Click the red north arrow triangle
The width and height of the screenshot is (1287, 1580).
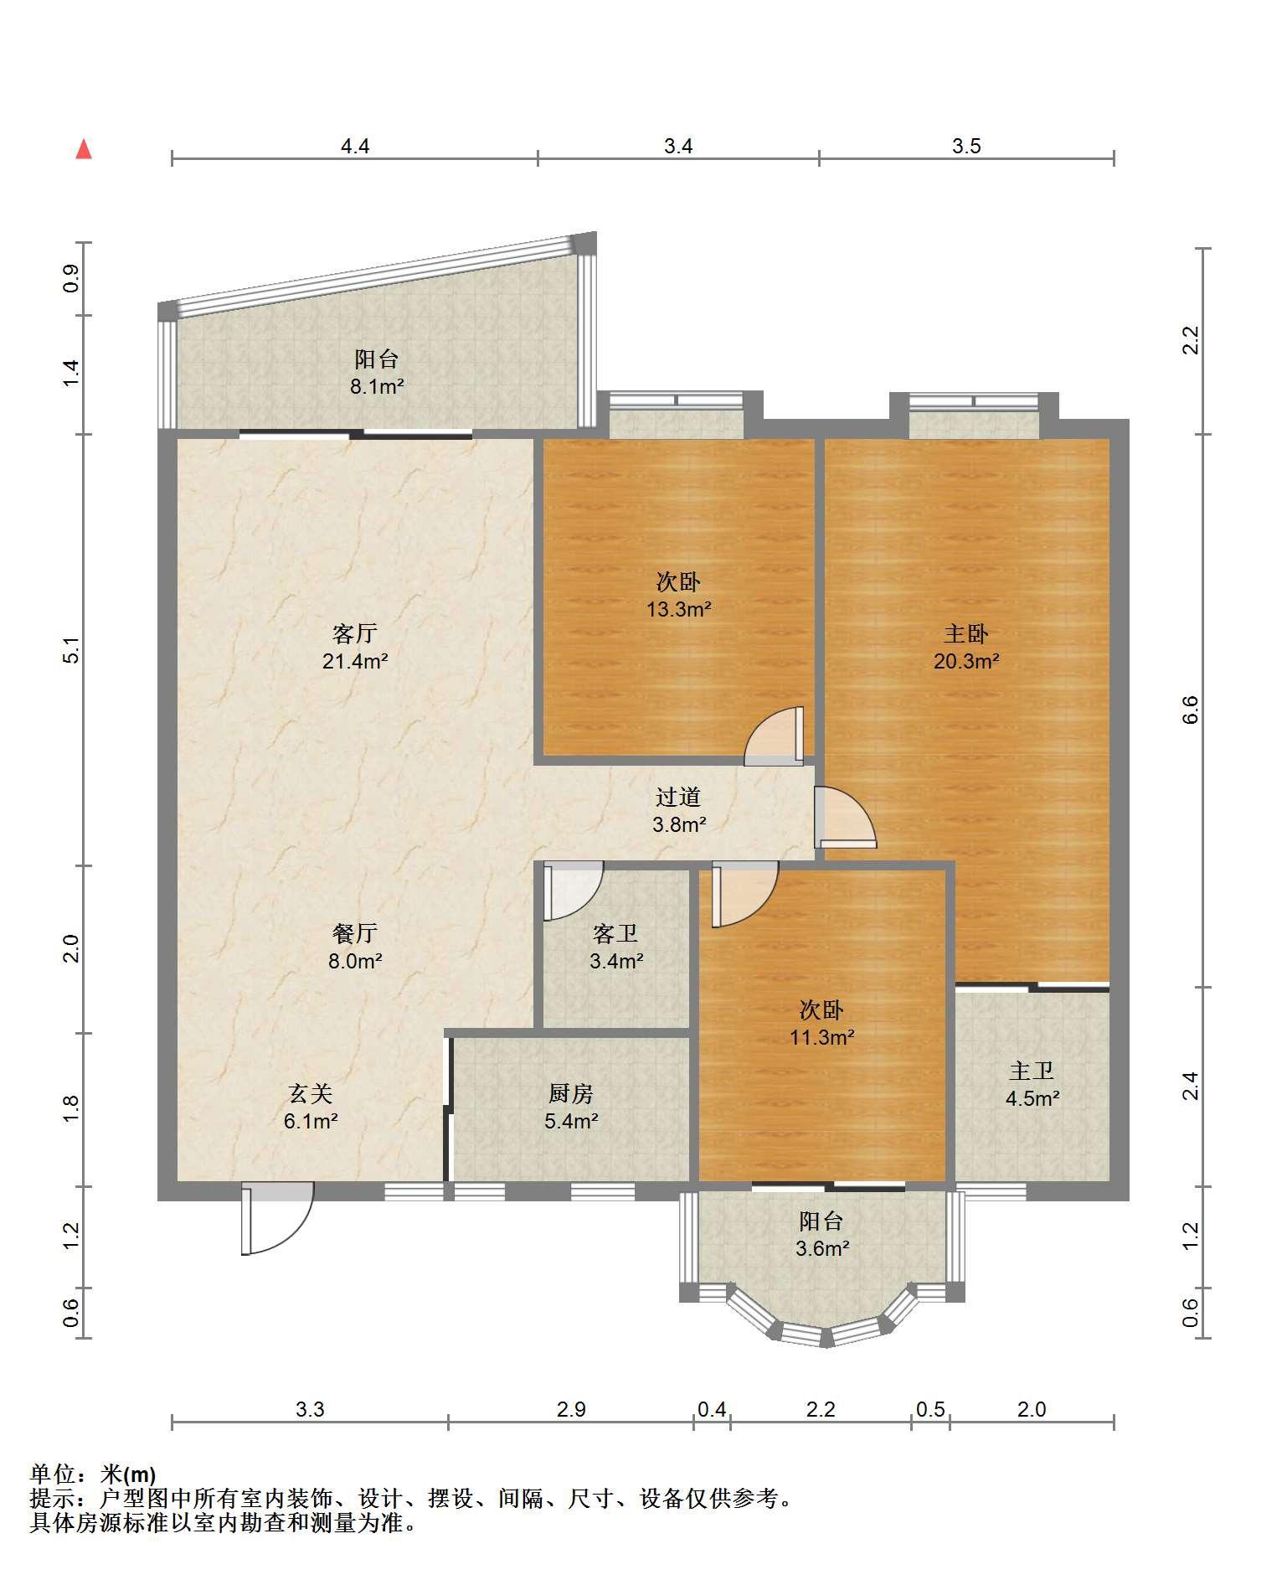(x=84, y=149)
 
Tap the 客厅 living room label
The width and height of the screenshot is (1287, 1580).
(x=354, y=633)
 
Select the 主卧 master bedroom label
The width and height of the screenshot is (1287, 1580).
(x=966, y=633)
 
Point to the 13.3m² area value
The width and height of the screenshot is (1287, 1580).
(x=678, y=609)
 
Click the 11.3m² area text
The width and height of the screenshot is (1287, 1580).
(x=821, y=1037)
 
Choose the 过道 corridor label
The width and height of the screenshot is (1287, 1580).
(x=677, y=797)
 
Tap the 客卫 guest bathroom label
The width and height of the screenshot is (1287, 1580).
(x=615, y=933)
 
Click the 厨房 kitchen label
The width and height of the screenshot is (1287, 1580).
(x=571, y=1093)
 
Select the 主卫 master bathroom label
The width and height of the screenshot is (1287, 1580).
(x=1032, y=1071)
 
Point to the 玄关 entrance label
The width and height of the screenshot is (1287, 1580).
(x=311, y=1093)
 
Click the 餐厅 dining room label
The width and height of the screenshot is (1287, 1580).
(x=354, y=933)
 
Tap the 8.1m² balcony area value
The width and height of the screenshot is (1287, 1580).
(x=377, y=387)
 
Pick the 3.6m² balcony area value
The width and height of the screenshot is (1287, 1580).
(x=822, y=1249)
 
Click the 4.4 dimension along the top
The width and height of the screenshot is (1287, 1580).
(x=355, y=147)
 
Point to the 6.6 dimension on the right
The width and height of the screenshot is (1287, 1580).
(x=1191, y=710)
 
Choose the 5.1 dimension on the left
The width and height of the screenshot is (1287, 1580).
(x=71, y=650)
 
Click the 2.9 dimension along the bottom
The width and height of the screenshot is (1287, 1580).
(x=571, y=1409)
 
